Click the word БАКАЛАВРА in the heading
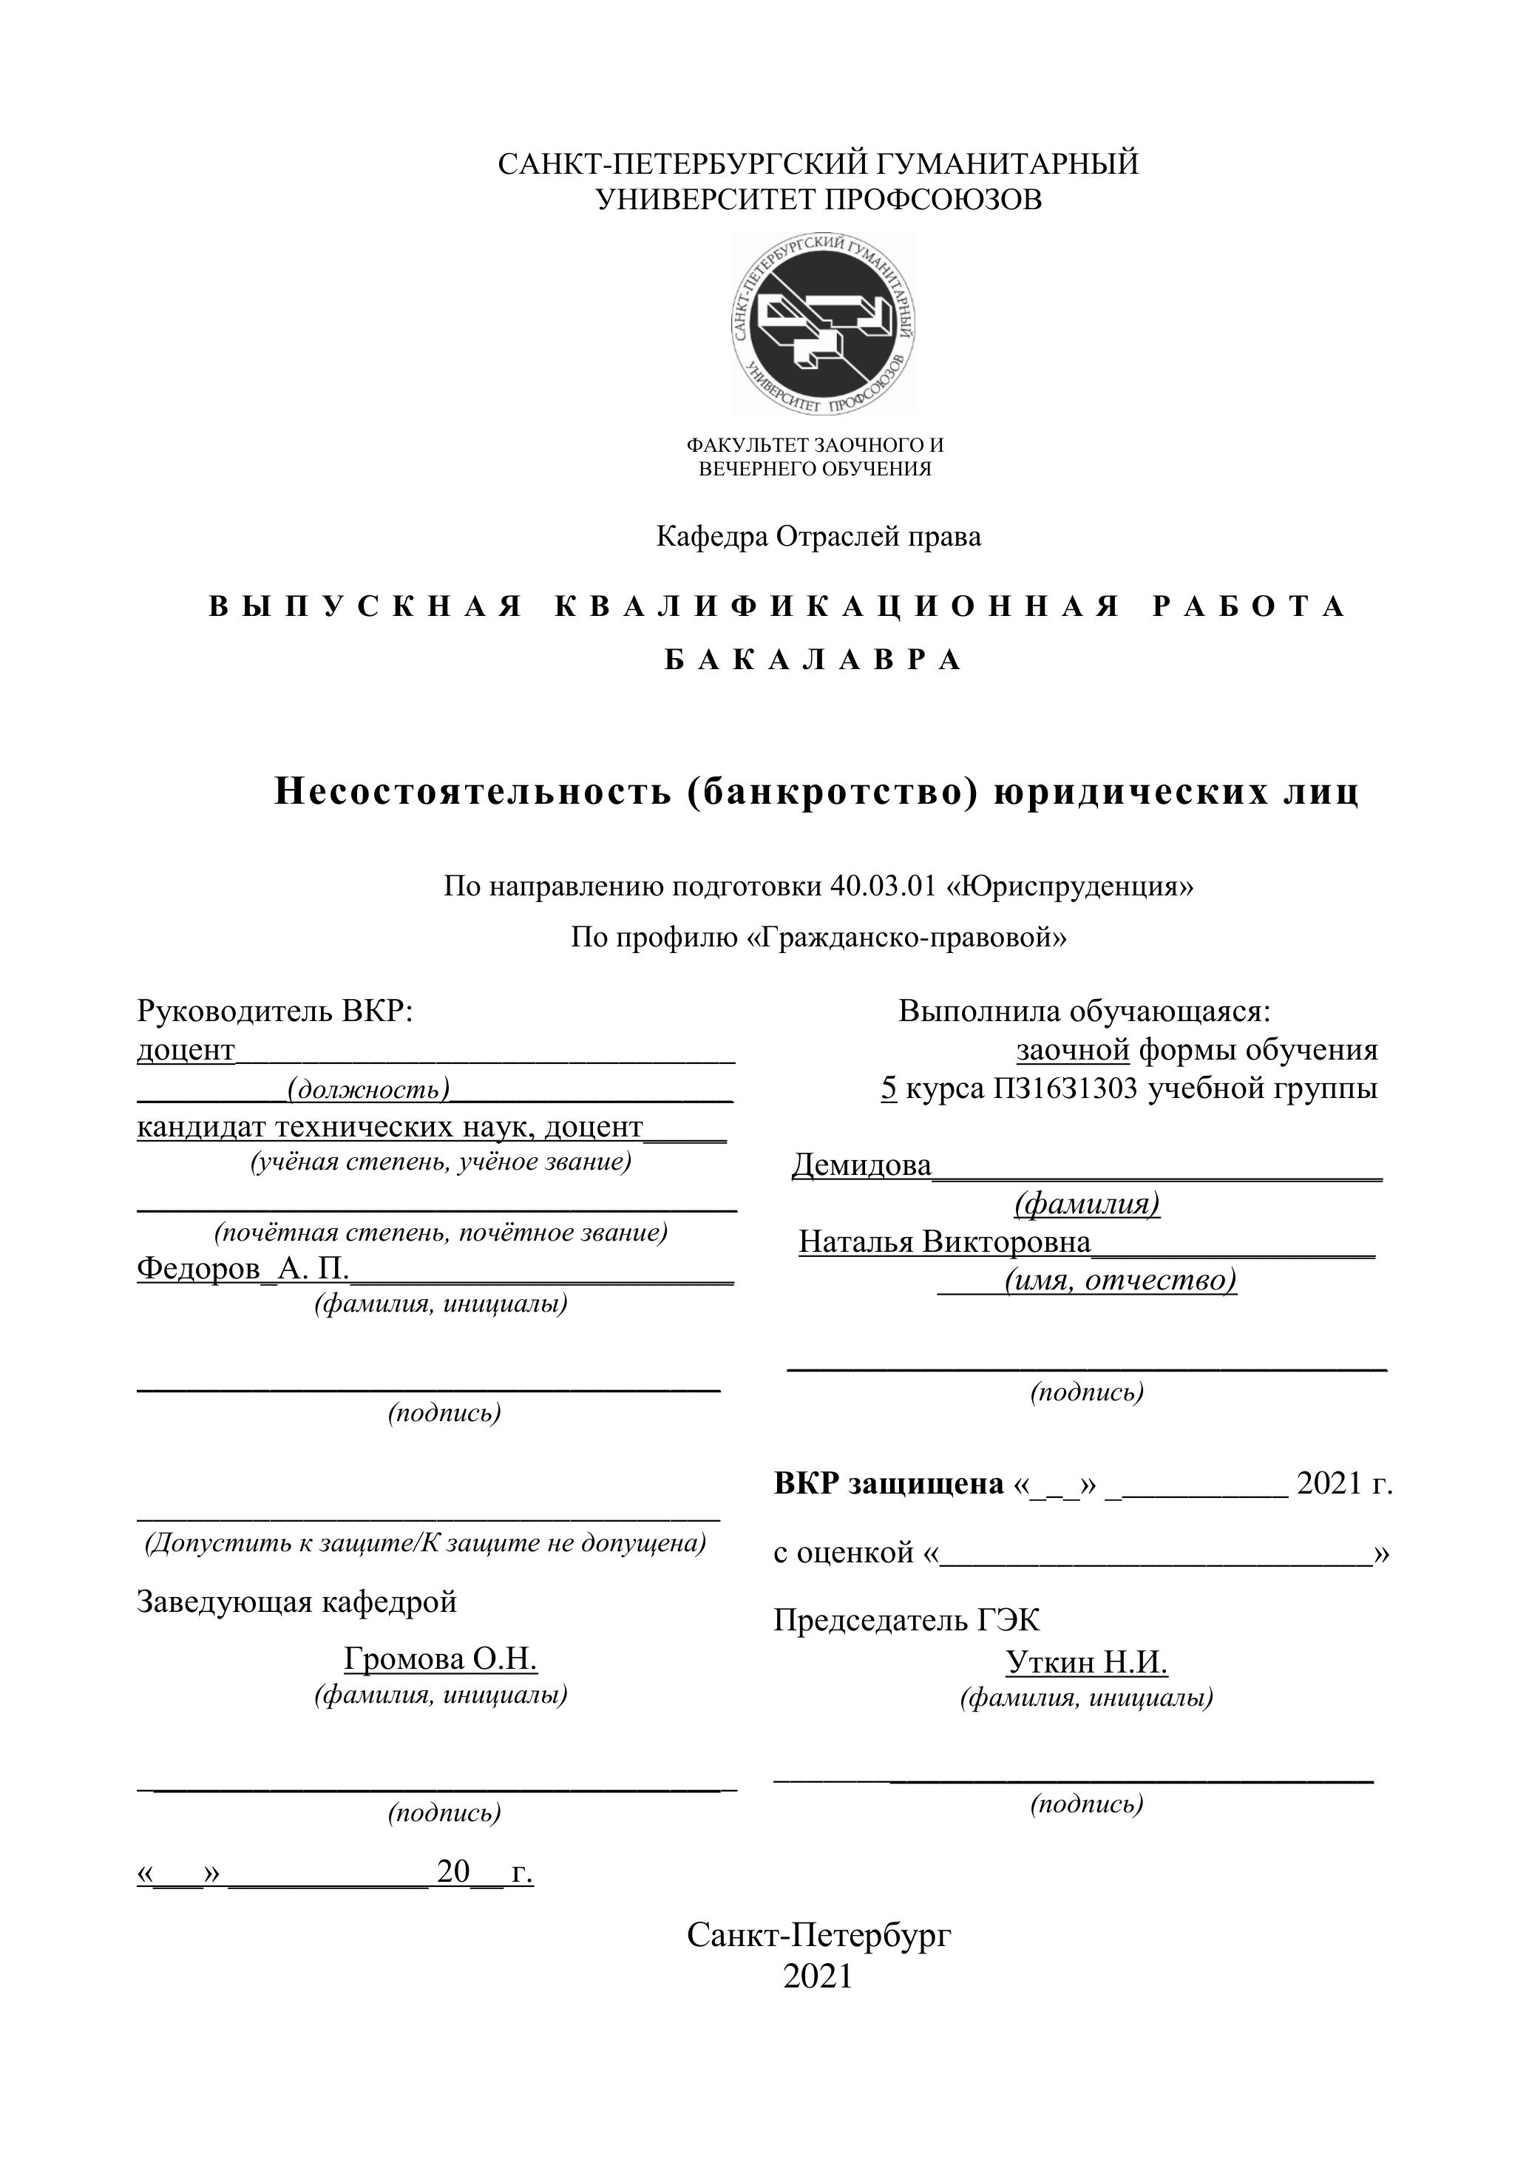[813, 660]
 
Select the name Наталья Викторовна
[944, 1242]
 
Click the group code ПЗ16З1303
[1065, 1088]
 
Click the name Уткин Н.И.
[1087, 1662]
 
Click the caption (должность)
[368, 1089]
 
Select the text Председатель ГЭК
[906, 1619]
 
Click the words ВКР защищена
[889, 1483]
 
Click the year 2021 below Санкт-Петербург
[817, 1976]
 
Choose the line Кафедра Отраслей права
[818, 537]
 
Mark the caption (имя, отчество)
[1119, 1281]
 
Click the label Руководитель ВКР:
[275, 1011]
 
